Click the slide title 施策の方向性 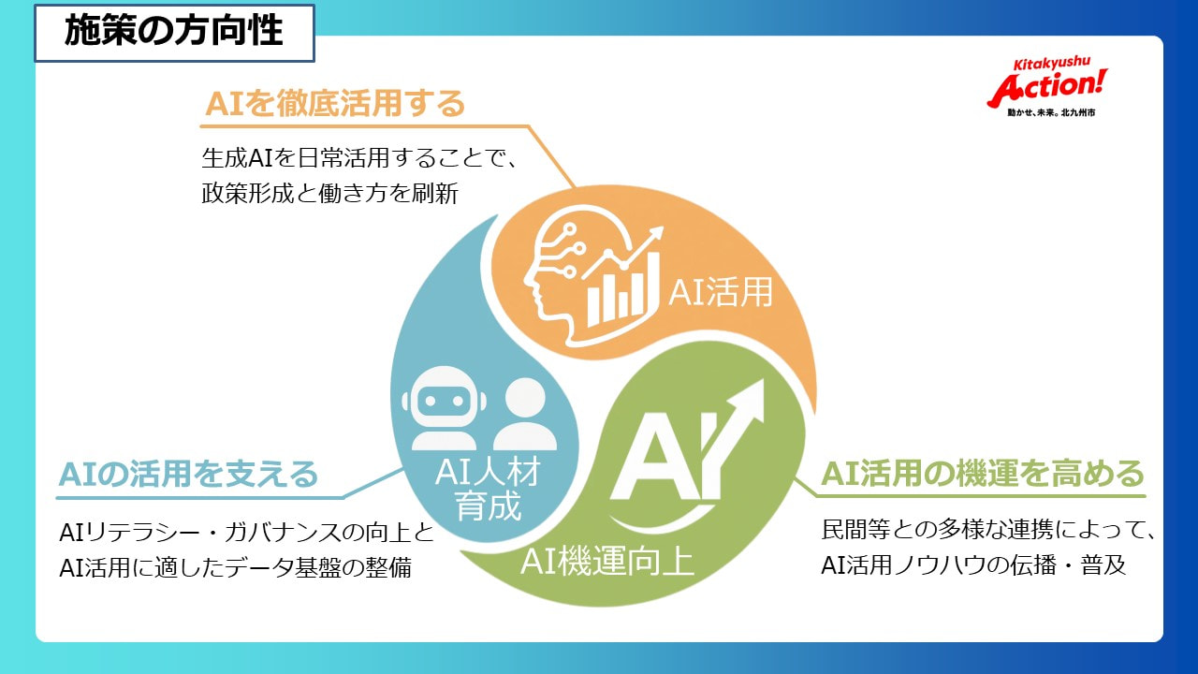tap(173, 31)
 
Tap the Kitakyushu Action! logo tap(1047, 85)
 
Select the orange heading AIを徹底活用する tap(335, 104)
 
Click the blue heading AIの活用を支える tap(188, 475)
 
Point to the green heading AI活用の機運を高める tap(983, 475)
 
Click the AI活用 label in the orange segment tap(720, 293)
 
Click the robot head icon tap(439, 412)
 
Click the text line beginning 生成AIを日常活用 tap(359, 156)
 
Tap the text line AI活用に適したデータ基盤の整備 tap(235, 566)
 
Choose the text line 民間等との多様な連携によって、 tap(988, 532)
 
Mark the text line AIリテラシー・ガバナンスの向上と tap(246, 533)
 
